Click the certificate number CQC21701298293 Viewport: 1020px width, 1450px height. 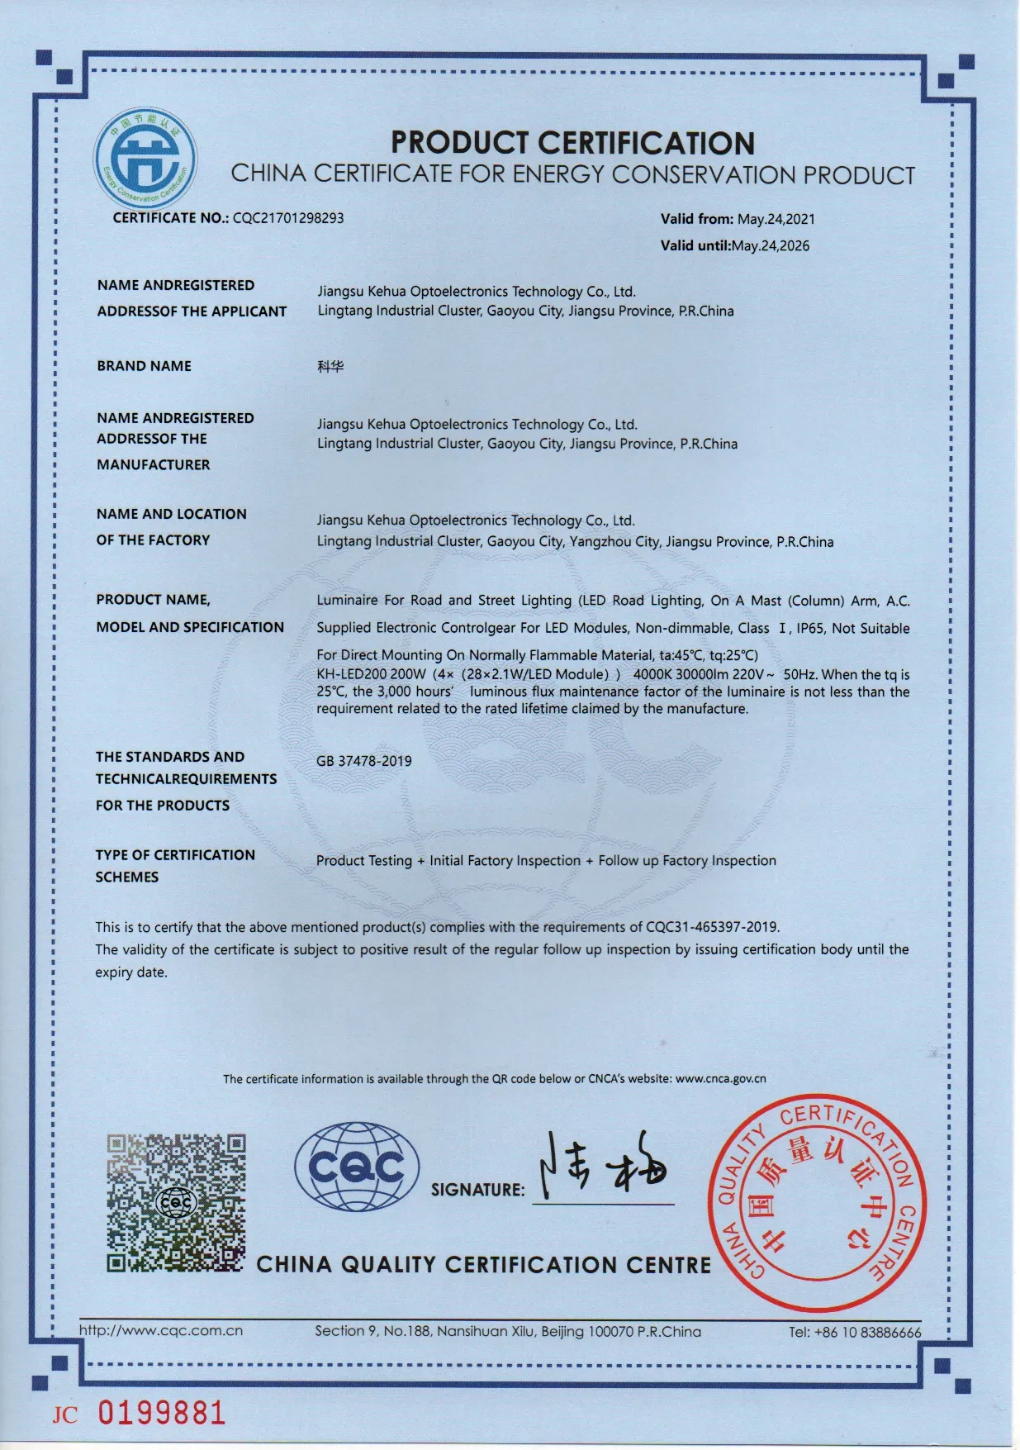click(288, 218)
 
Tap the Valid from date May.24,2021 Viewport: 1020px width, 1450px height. click(776, 219)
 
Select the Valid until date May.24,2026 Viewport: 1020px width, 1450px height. click(771, 245)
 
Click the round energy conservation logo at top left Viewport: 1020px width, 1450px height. click(145, 158)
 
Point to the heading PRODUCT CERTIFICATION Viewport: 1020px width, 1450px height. click(572, 143)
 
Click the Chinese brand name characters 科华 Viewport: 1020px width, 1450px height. click(330, 366)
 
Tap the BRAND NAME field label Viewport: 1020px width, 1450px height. click(144, 366)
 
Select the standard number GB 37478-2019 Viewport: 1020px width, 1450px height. click(363, 761)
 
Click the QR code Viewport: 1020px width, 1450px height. click(176, 1202)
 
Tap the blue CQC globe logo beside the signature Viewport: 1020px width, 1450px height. click(357, 1166)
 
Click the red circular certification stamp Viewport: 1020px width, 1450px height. click(818, 1204)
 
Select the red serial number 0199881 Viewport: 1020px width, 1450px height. click(162, 1413)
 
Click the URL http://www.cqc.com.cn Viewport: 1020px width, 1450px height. click(161, 1330)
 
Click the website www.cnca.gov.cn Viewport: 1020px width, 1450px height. click(720, 1078)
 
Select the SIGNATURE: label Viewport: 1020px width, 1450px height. click(477, 1190)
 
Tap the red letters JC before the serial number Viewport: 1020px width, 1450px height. click(65, 1415)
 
